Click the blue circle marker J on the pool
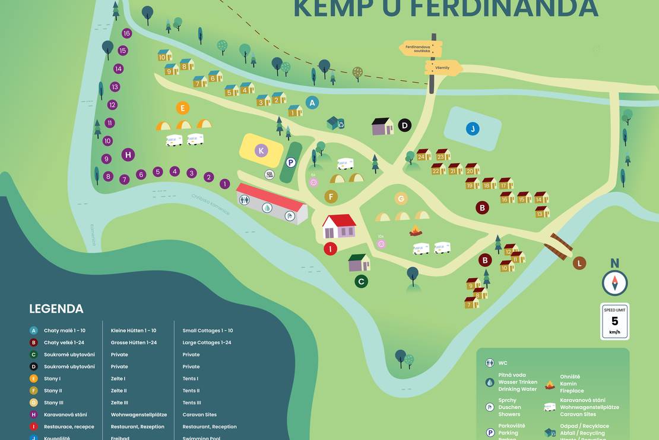473,128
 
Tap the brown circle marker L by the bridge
579,263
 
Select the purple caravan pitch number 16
126,33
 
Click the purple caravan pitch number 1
224,184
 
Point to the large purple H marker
128,155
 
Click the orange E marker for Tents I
183,108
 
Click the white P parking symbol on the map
291,162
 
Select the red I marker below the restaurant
330,249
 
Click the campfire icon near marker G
416,231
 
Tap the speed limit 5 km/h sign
614,321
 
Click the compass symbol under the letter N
614,282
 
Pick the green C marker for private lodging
361,281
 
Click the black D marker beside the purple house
404,125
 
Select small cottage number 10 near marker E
163,56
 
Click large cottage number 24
422,156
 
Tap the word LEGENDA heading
56,309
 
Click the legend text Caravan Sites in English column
199,414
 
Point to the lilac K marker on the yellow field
261,150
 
